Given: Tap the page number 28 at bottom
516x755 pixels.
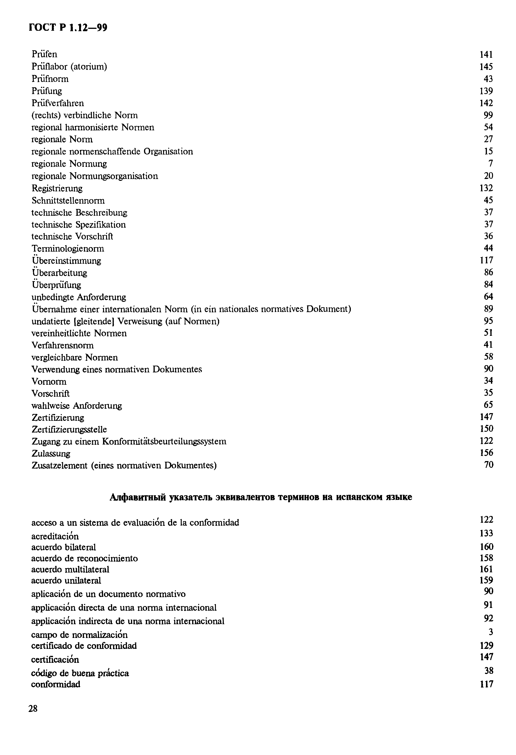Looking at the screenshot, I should [33, 708].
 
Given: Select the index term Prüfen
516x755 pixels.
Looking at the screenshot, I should [44, 54].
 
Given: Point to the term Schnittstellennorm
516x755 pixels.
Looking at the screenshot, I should [68, 200].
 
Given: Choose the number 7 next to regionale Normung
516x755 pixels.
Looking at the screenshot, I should [490, 163].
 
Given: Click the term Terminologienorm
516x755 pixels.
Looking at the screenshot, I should [67, 249].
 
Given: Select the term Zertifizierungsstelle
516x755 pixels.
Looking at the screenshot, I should [69, 429].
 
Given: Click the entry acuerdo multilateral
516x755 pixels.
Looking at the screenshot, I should [70, 570].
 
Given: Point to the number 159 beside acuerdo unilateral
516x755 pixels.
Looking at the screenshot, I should [486, 580].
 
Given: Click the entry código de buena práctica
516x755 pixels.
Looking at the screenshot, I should [80, 673].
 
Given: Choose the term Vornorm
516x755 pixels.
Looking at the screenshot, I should [49, 381].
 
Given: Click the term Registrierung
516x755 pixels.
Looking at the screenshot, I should [57, 188].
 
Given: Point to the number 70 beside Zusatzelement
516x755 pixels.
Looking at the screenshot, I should [488, 465].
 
